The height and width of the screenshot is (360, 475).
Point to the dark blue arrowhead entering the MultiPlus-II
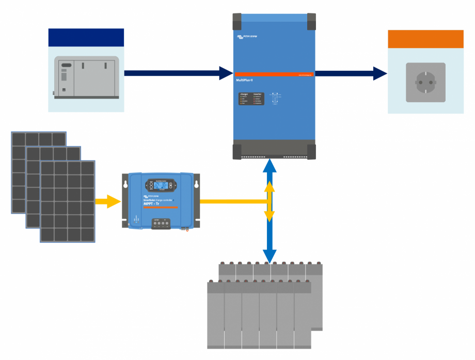226,73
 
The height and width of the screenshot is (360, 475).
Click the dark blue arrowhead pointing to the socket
379,73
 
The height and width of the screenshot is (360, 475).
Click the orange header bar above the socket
425,39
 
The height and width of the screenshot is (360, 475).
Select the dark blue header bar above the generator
86,38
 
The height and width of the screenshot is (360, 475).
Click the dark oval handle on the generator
66,66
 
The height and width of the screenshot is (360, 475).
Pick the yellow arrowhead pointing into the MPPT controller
114,201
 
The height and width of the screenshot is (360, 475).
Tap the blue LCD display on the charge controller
160,185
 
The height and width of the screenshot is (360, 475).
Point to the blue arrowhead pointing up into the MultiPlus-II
269,166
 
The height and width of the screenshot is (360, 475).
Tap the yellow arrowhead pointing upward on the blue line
269,187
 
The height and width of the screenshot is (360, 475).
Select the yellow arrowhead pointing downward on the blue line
269,216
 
